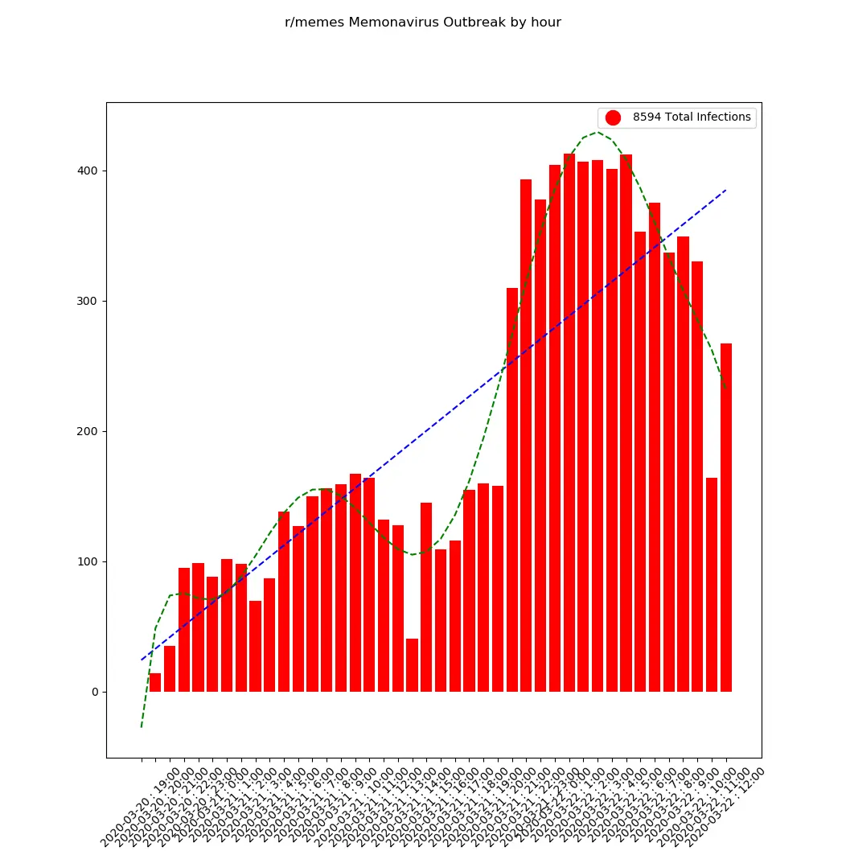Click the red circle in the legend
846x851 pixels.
point(613,117)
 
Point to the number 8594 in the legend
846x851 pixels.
point(647,117)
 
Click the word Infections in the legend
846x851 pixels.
point(723,117)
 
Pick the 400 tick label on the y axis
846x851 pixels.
point(86,171)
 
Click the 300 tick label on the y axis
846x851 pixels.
point(86,301)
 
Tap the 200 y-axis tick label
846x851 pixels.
point(86,431)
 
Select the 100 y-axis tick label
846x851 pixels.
point(86,561)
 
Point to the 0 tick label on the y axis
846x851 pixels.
point(93,692)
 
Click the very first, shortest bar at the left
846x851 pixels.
point(155,683)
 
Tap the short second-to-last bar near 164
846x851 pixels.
point(712,585)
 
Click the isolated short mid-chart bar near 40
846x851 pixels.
point(412,665)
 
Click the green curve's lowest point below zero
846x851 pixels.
point(142,727)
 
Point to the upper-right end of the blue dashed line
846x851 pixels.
point(726,190)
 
